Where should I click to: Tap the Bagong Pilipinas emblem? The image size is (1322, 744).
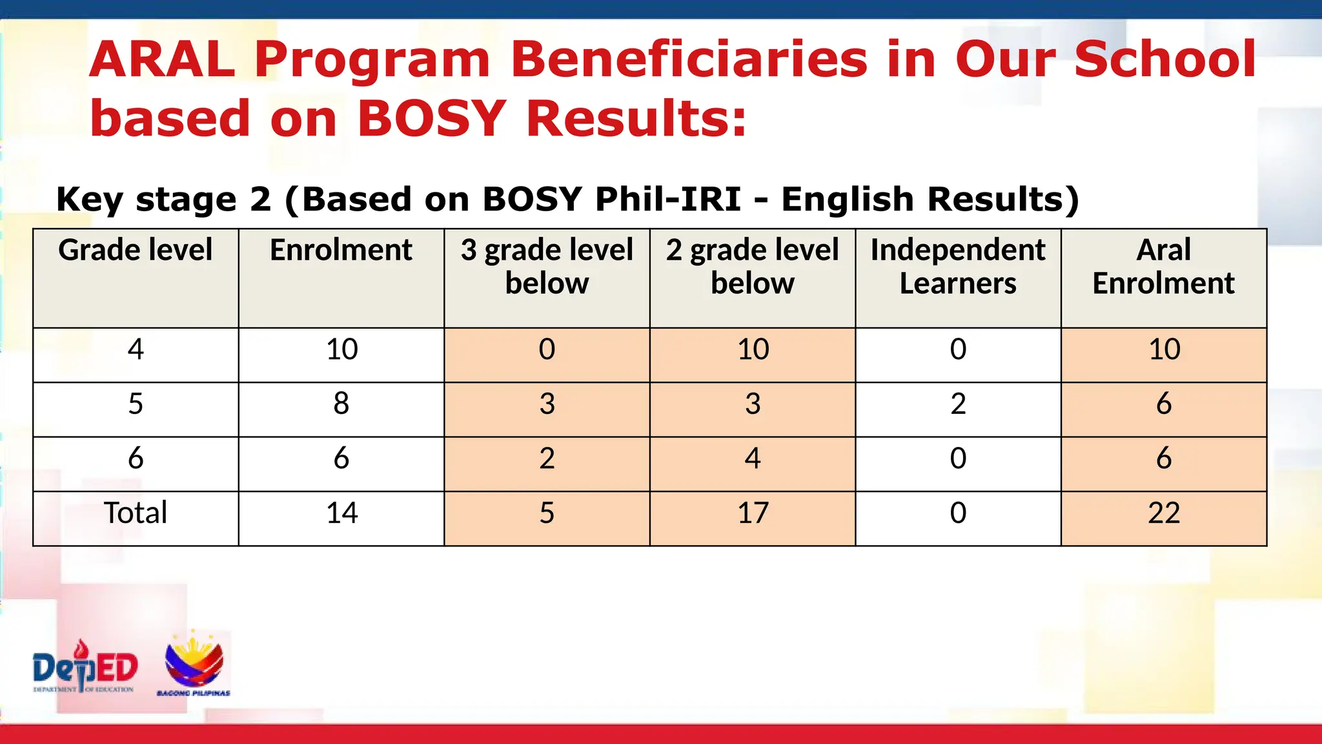[194, 664]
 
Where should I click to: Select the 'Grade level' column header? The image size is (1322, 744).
[136, 251]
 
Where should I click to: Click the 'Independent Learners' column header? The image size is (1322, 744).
[958, 266]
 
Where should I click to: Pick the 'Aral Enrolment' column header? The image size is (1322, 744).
[1163, 266]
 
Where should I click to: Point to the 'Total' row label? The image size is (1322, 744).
[136, 513]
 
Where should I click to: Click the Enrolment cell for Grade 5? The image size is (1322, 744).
[341, 404]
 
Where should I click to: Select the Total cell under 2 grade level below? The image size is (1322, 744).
[753, 513]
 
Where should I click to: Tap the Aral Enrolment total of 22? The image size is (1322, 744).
[1163, 513]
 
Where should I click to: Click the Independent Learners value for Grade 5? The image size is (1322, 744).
[958, 404]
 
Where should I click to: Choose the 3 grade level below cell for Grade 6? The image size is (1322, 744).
[547, 459]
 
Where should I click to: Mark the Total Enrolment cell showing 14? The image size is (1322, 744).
[341, 513]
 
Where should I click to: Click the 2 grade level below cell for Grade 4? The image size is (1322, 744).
[753, 349]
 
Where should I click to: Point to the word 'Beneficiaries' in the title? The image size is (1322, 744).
[689, 59]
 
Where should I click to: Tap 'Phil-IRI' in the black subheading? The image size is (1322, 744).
[667, 199]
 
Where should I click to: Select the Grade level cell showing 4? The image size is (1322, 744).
[136, 349]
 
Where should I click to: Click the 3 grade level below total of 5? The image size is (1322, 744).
[547, 513]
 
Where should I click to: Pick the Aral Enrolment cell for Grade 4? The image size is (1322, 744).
[1163, 349]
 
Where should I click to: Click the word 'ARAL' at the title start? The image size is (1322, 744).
[162, 59]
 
